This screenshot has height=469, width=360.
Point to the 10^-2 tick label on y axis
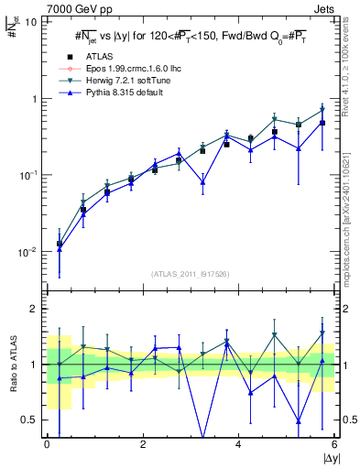pos(28,252)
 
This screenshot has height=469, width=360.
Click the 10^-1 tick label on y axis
pos(28,175)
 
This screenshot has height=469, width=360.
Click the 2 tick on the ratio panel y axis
pos(36,309)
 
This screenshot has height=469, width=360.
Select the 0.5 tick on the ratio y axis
pos(32,420)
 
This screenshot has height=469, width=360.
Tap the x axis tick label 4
pos(238,445)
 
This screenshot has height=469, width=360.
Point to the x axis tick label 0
pos(47,445)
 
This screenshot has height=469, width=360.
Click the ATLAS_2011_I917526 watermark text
pos(191,275)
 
